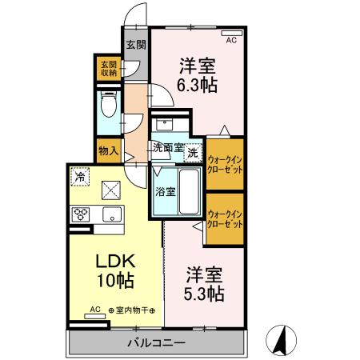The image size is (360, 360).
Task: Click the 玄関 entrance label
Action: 134,44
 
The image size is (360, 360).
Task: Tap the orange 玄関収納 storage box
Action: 107,68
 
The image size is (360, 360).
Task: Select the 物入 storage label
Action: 108,149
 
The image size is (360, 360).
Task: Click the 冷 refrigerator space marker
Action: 80,176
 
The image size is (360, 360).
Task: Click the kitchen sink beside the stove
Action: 110,214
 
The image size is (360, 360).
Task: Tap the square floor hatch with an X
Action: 110,190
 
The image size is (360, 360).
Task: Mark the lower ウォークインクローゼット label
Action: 225,218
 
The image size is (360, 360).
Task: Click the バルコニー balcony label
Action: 157,342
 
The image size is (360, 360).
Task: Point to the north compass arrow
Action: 281,340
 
